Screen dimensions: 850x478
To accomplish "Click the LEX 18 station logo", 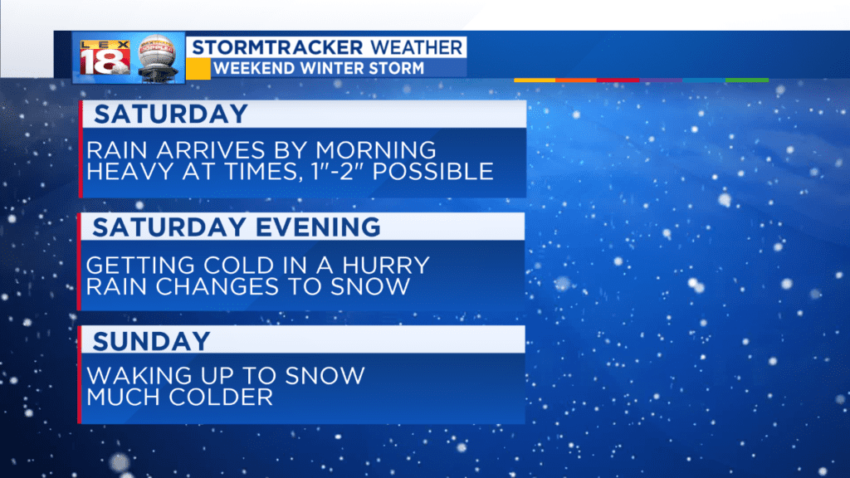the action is click(105, 58).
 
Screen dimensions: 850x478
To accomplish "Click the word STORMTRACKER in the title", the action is click(277, 47).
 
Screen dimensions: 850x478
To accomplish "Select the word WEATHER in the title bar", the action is click(417, 47).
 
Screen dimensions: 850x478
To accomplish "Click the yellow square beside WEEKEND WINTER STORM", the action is click(198, 69).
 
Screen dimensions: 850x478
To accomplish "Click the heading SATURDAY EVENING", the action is click(237, 227).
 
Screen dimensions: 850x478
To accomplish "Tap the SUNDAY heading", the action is click(151, 341).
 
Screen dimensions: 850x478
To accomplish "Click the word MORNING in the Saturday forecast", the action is click(376, 150).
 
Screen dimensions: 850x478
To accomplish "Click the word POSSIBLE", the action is click(432, 171).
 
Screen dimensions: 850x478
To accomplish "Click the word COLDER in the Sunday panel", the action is click(221, 398).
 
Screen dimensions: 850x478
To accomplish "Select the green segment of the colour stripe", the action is click(747, 80).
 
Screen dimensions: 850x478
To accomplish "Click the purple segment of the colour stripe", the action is click(661, 80).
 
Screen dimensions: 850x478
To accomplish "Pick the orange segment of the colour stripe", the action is click(576, 80).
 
